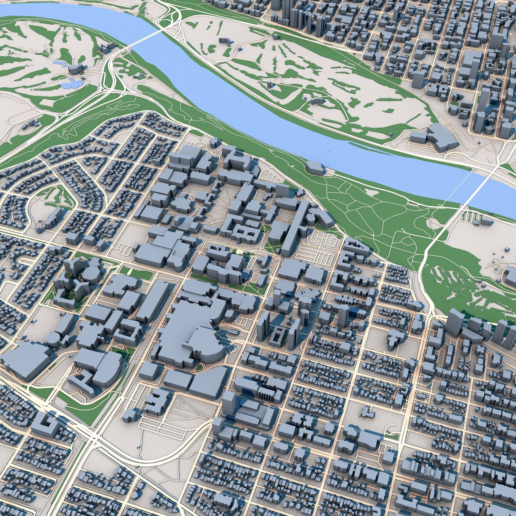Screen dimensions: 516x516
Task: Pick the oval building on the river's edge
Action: coord(316,167)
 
